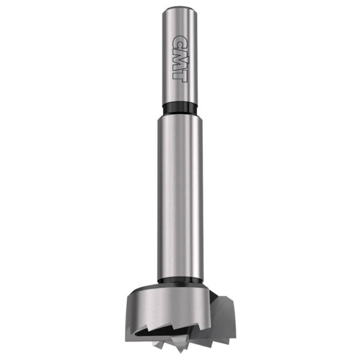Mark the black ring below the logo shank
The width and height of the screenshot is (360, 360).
pos(180,109)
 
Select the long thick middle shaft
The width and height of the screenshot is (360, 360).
pos(180,192)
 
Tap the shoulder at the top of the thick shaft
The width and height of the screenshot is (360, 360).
pos(180,118)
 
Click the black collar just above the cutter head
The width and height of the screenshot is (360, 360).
pos(180,280)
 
